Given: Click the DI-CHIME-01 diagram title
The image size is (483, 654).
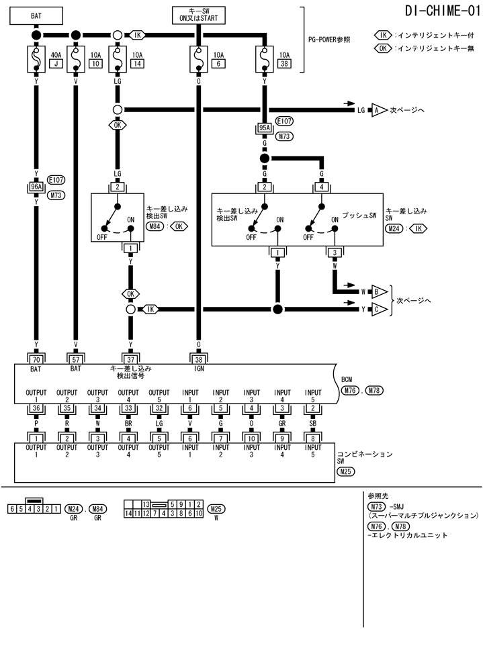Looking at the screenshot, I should tap(442, 11).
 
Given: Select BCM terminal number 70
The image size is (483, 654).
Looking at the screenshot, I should tap(36, 360).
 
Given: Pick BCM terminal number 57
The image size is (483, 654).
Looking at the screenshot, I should tap(75, 360).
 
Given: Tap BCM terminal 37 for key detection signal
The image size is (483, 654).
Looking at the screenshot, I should tap(130, 360).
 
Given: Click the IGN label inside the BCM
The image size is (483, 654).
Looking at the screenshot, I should tap(198, 369).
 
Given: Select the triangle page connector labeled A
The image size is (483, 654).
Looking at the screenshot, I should tap(377, 109).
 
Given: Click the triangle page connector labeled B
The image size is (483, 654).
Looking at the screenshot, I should tap(377, 292).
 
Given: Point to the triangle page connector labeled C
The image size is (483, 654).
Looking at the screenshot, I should tap(377, 310).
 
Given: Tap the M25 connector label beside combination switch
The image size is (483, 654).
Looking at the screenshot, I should tap(345, 471).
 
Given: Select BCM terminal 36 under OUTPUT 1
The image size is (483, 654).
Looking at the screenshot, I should tap(36, 408).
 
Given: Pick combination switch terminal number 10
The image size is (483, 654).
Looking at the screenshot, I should tap(251, 438).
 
